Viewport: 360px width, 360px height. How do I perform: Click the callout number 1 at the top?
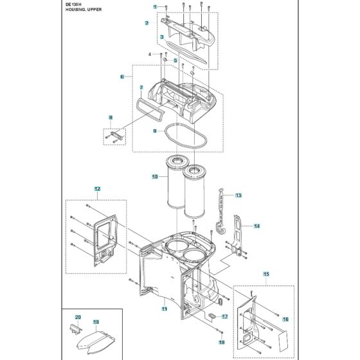(x=154, y=6)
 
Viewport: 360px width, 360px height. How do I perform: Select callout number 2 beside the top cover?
(x=147, y=23)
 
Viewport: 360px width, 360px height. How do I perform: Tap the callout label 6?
(x=122, y=76)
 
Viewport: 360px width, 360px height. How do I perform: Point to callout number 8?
(x=111, y=118)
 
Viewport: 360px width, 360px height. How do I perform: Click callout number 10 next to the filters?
(x=154, y=176)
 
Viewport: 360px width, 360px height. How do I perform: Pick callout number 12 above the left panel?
(x=98, y=189)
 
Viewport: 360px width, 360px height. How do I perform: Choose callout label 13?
(x=238, y=195)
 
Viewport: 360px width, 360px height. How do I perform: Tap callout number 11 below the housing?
(x=164, y=309)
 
